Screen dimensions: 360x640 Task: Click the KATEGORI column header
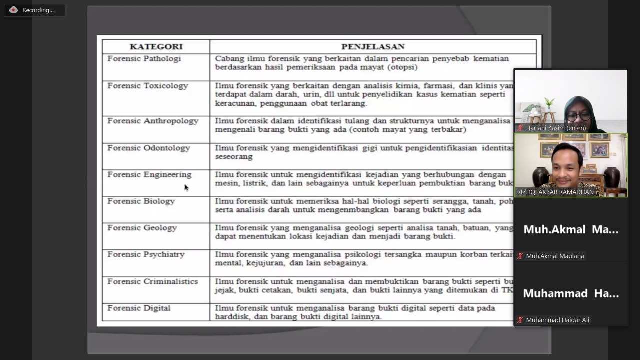(156, 47)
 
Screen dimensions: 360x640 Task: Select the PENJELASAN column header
(373, 47)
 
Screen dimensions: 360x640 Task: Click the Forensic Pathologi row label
(144, 59)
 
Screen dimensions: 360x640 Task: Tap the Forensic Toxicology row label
(147, 86)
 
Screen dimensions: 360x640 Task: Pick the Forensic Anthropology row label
(153, 121)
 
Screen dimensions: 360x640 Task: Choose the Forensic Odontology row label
(148, 148)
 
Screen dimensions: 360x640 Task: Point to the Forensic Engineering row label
(149, 175)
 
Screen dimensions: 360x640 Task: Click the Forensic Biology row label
(141, 201)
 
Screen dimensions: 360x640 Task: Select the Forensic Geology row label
(142, 228)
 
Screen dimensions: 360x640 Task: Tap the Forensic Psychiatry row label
(146, 254)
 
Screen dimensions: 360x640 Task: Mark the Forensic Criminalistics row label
(152, 282)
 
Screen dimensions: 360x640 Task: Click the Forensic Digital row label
(139, 308)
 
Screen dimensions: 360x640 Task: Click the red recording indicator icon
(13, 10)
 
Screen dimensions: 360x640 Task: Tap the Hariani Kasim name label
(556, 128)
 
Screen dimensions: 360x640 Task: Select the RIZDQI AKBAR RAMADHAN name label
(555, 192)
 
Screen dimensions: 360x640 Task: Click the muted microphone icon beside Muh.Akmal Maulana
(520, 256)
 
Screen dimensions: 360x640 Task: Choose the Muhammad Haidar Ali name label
(557, 320)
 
